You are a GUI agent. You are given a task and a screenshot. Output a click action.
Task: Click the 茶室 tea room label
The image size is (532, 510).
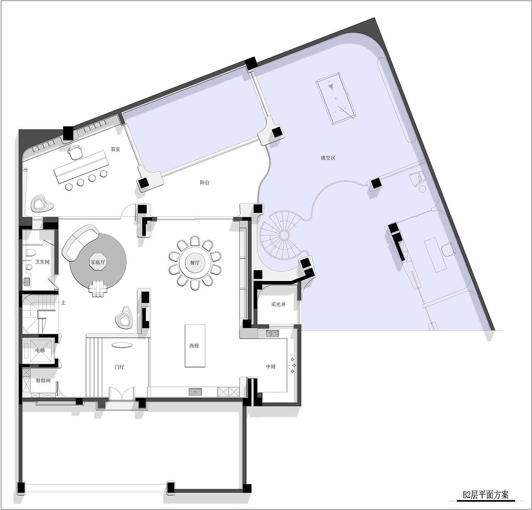click(115, 149)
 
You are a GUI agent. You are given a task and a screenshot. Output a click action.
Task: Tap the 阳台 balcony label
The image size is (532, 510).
click(204, 182)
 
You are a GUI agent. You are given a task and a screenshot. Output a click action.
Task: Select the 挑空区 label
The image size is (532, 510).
click(328, 158)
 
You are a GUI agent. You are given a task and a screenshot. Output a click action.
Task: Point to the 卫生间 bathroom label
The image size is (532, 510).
click(42, 262)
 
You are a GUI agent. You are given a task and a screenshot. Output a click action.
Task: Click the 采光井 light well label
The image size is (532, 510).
click(278, 304)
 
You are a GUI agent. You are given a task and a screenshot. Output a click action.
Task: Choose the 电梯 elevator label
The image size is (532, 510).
click(40, 350)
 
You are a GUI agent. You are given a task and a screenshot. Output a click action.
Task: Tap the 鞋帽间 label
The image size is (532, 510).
click(43, 380)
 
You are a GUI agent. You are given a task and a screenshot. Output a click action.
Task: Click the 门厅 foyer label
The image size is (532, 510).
click(119, 367)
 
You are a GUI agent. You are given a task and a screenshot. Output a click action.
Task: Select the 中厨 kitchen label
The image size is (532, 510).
click(271, 367)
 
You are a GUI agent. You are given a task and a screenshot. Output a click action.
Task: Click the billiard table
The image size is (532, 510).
click(336, 98)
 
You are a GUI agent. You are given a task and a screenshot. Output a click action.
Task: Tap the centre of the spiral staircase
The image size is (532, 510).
click(283, 234)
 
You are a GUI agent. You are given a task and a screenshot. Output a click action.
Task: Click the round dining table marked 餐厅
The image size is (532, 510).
click(195, 263)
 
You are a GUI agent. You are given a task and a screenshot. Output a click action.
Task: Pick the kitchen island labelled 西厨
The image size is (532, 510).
click(195, 346)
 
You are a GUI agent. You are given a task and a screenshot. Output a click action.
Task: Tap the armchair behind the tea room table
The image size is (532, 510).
click(75, 152)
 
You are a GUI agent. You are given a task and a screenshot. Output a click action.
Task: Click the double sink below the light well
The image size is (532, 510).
click(272, 333)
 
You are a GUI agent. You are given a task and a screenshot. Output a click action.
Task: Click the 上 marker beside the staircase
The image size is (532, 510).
click(64, 303)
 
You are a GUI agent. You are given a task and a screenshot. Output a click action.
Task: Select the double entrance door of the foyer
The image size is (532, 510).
click(122, 394)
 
